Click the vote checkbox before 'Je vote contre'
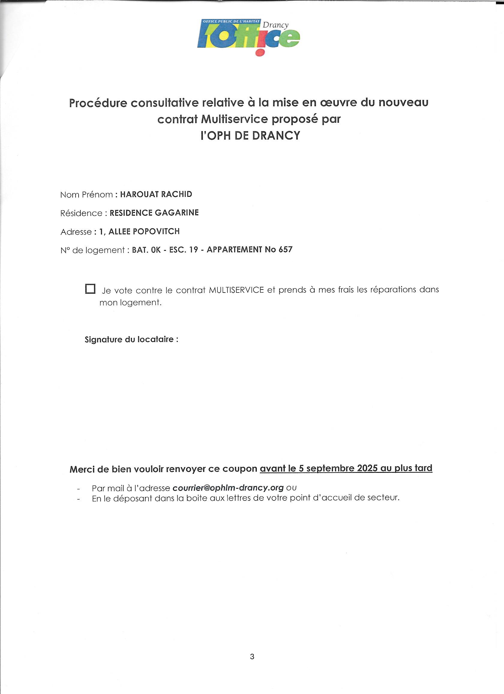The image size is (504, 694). point(90,289)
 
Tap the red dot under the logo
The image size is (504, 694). point(259,53)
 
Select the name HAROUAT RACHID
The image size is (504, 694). point(156,194)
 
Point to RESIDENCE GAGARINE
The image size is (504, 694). point(154,213)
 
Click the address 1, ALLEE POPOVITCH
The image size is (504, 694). point(139,231)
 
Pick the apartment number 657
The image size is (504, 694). point(285,249)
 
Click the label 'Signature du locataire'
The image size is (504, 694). point(131,339)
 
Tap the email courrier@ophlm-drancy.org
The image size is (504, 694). point(228,488)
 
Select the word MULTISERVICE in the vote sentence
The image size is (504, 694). point(236,290)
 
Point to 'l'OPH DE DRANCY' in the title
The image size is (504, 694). point(250,135)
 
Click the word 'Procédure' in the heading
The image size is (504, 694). point(98,103)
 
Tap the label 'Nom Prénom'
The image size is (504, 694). point(87,195)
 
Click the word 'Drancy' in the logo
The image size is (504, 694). point(275,25)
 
